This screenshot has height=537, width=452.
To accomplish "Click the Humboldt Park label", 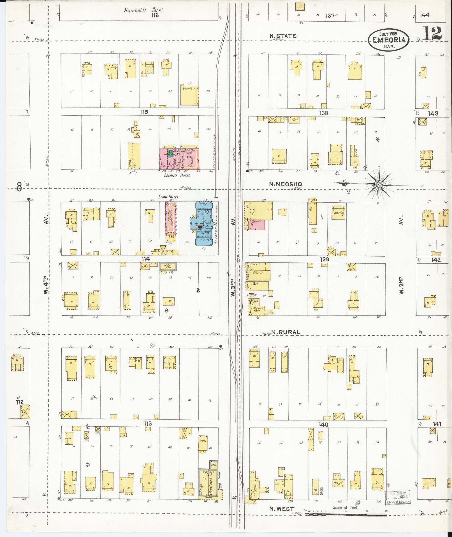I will pos(144,10).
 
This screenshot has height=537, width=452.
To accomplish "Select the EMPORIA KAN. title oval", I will pos(389,40).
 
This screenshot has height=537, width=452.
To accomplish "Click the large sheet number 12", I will pos(432,33).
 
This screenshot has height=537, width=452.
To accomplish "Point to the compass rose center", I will pos(378,184).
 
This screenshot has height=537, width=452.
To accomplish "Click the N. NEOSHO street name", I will pos(282,184).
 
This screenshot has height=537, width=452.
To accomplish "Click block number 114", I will pos(146,259).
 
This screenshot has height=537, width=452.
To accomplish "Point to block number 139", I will pos(324,260).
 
